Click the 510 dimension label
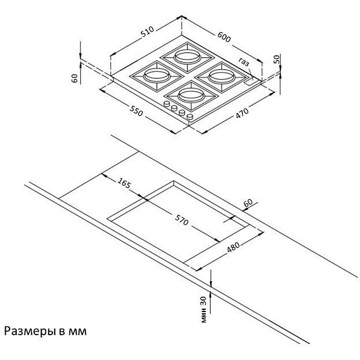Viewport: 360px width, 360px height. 147,32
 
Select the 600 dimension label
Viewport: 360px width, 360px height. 224,37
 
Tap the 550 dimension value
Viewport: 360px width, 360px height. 136,111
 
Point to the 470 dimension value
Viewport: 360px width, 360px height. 242,113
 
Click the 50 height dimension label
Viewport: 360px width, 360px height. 277,59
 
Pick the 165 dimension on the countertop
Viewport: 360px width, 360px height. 124,183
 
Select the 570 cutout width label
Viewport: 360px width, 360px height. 182,220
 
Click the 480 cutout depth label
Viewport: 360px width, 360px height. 233,247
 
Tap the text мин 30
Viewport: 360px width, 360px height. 204,309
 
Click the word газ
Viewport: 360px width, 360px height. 243,62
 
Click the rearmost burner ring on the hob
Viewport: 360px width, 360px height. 187,57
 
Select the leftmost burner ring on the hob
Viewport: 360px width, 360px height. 157,76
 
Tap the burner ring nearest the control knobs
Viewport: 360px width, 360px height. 191,95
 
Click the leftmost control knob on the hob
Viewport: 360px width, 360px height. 167,104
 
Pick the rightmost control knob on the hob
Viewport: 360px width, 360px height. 190,117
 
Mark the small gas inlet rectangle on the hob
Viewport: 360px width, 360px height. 250,82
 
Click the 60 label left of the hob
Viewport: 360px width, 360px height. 75,78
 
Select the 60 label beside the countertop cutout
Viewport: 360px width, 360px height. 248,202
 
